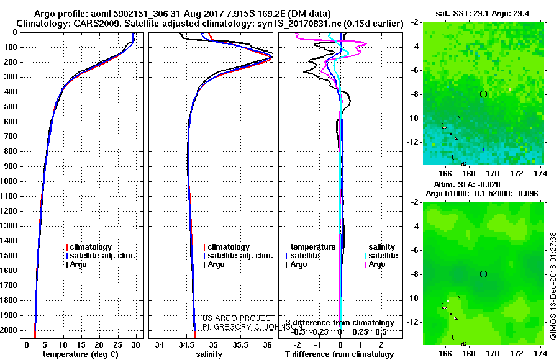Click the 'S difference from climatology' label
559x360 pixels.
pyautogui.click(x=340, y=323)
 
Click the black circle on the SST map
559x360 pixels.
pyautogui.click(x=483, y=94)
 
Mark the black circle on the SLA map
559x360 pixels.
pyautogui.click(x=483, y=274)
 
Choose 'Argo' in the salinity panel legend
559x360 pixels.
pyautogui.click(x=217, y=264)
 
